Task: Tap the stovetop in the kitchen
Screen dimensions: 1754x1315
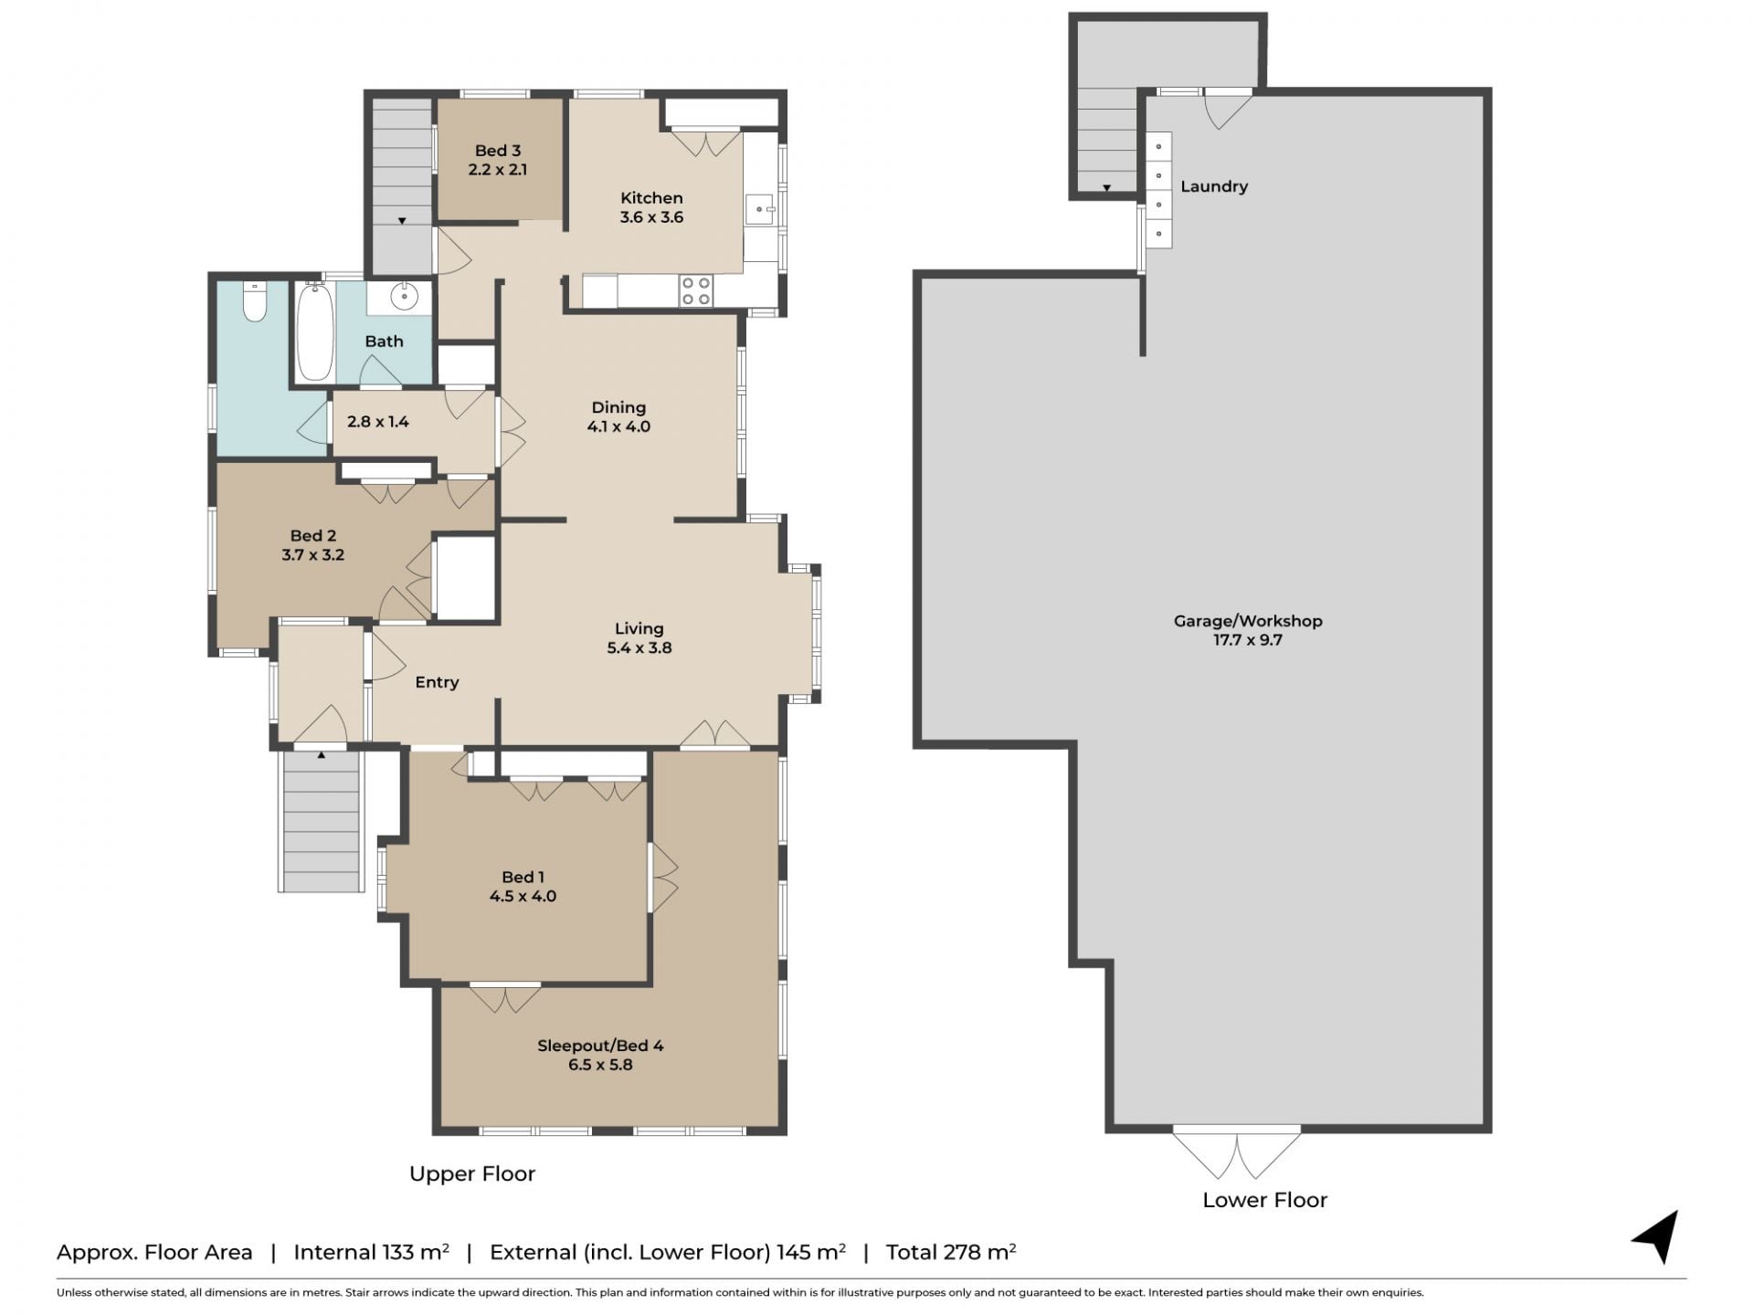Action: coord(696,291)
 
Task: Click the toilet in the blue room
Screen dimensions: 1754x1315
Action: coord(255,302)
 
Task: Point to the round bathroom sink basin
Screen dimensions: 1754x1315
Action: coord(404,297)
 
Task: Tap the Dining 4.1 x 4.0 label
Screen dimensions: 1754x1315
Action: coord(618,416)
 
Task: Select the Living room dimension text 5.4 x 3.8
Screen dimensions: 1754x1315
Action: coord(639,648)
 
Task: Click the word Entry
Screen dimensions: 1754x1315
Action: coord(437,682)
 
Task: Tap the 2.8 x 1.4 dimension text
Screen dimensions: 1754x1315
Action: coord(378,422)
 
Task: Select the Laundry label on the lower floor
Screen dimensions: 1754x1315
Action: coord(1214,186)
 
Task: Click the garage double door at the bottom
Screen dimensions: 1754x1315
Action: coord(1237,1154)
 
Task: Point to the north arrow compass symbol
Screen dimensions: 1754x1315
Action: coord(1656,1236)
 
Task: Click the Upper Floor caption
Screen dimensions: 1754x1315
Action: coord(472,1174)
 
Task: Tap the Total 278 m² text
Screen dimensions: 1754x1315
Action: coord(951,1252)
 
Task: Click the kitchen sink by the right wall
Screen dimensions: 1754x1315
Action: coord(761,209)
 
